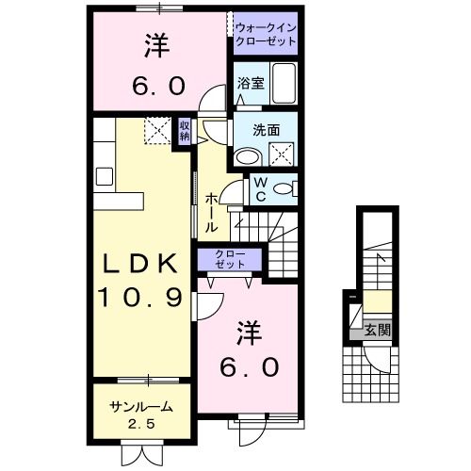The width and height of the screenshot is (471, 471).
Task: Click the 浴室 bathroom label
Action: pos(251,83)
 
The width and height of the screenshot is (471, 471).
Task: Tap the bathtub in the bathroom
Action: pos(284,83)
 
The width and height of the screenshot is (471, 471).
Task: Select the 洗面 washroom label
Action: pos(267,130)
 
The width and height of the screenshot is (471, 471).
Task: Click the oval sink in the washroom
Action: pos(249,157)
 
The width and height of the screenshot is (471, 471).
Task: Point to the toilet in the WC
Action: pos(285,189)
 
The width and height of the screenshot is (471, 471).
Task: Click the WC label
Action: pos(261,189)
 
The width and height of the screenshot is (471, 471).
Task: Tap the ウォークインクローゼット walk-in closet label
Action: pos(266,35)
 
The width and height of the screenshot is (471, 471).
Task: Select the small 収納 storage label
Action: pos(185,131)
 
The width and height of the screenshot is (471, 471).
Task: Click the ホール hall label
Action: pos(211,213)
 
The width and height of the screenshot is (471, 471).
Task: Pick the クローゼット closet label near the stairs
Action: pos(230,259)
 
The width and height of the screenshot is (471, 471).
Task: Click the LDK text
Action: pos(139,265)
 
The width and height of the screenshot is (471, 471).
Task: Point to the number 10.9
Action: pos(139,298)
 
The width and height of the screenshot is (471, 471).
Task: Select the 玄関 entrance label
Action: pos(378,331)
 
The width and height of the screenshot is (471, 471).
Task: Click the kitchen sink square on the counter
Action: pos(105,176)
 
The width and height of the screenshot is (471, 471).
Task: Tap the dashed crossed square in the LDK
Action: pos(158,130)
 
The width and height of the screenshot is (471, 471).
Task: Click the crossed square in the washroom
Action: pos(282,154)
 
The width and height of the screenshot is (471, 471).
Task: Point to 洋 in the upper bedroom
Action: pos(156,46)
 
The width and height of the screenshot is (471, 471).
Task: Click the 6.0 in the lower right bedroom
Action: pos(250,367)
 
